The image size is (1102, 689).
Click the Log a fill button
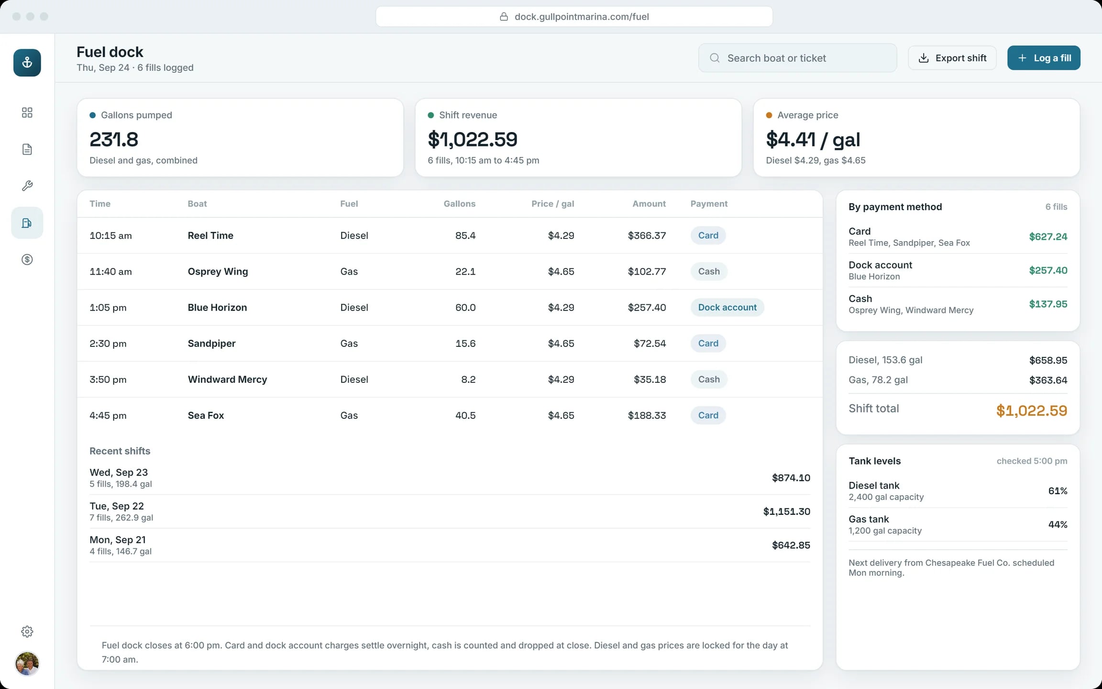coord(1044,58)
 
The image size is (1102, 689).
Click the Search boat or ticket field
coord(797,58)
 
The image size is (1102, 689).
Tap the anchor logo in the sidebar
coord(27,63)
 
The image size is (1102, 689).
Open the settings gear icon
coord(27,632)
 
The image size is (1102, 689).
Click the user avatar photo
coord(27,664)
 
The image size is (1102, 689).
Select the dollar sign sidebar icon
coord(27,259)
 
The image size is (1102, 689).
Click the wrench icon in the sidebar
coord(27,186)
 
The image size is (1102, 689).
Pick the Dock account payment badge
coord(727,307)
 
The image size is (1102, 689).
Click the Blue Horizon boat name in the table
coord(217,307)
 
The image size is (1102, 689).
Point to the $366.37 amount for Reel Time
coord(647,235)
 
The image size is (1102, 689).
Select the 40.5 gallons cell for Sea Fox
coord(465,415)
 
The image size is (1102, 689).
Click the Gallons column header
coord(459,203)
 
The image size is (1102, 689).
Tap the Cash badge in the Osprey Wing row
coord(709,271)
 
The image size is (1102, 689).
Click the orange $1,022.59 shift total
coord(1032,410)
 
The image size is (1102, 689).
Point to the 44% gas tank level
coord(1058,524)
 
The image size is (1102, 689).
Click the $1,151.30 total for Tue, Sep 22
coord(786,511)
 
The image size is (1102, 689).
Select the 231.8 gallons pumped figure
coord(114,139)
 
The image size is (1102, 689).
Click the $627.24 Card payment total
coord(1048,236)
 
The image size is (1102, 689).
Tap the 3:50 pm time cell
coord(108,379)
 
